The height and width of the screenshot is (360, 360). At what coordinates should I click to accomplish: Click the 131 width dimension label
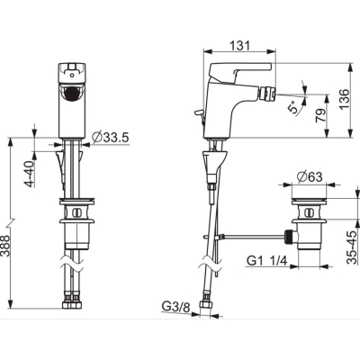[x=239, y=46]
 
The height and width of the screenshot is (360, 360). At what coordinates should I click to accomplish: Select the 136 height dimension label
[x=345, y=99]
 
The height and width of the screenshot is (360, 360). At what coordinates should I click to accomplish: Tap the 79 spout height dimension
[x=320, y=115]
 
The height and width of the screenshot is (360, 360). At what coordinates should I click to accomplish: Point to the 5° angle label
[x=294, y=106]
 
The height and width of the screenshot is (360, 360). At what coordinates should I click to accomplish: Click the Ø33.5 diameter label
[x=111, y=138]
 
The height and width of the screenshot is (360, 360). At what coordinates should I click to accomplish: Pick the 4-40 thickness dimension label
[x=30, y=174]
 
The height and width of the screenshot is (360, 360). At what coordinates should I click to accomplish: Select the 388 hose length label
[x=5, y=246]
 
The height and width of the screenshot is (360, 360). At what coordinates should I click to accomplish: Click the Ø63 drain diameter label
[x=310, y=176]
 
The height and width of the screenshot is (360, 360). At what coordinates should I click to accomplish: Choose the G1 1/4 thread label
[x=266, y=260]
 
